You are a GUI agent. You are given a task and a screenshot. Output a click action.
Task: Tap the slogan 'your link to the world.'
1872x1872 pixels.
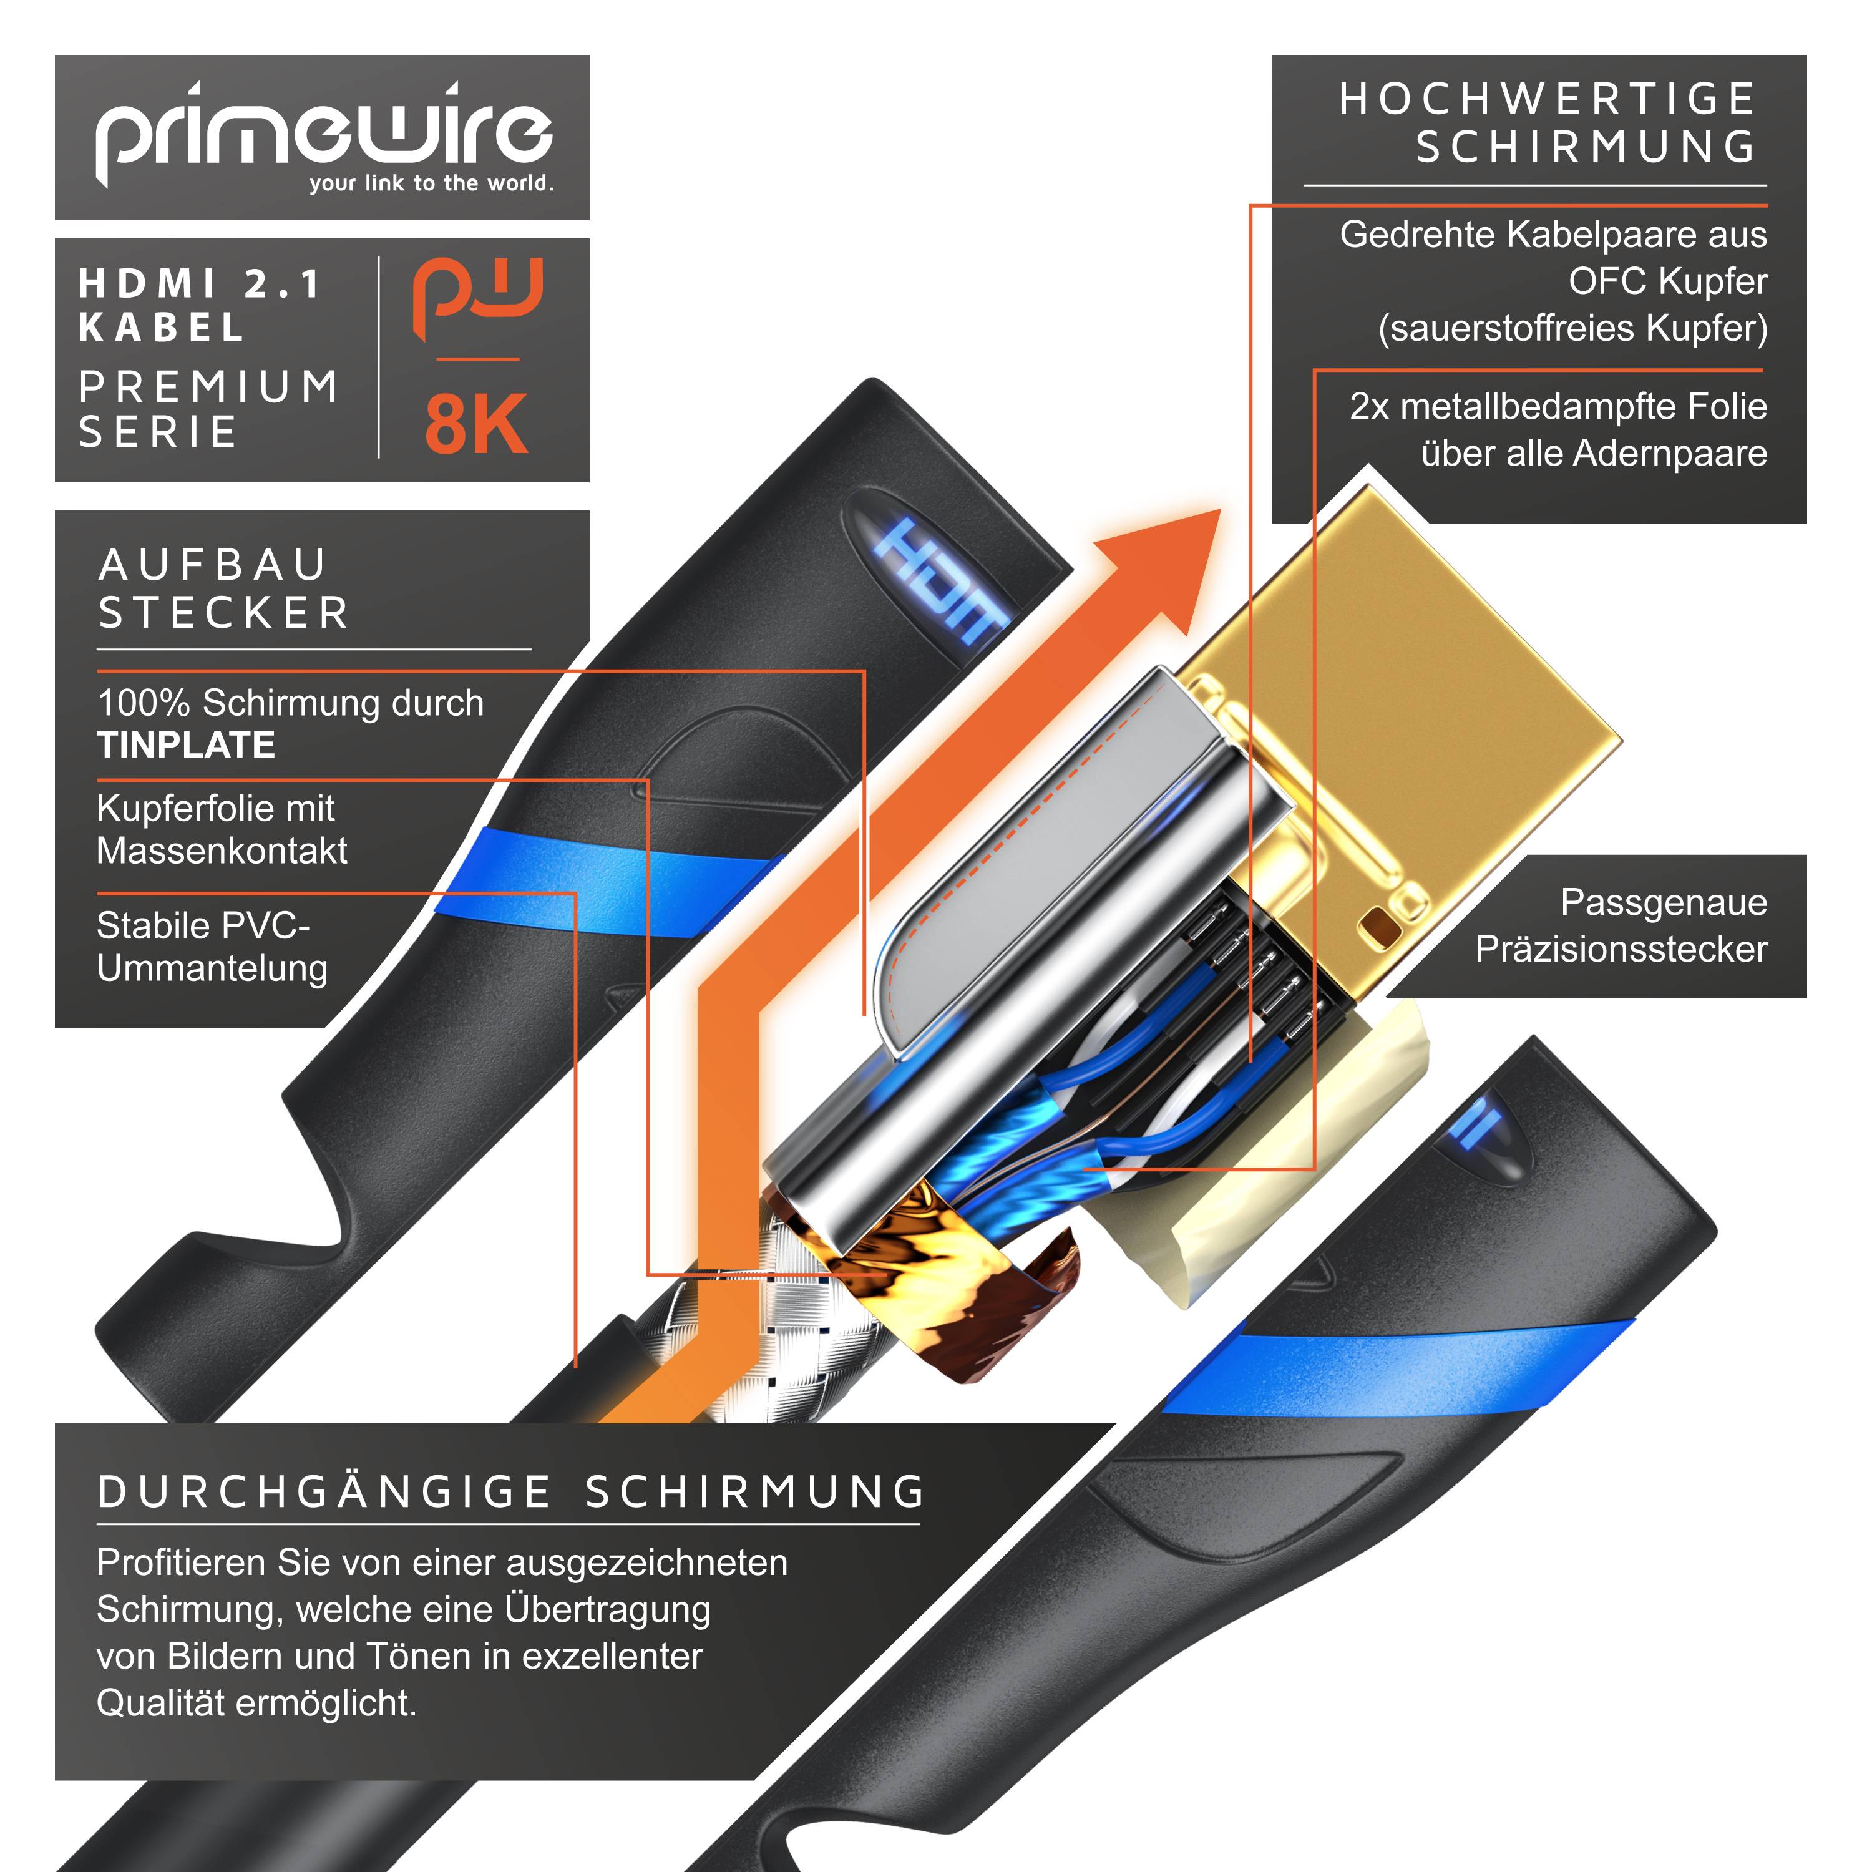[431, 183]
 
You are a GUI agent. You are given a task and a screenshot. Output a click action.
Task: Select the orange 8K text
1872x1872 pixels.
[475, 424]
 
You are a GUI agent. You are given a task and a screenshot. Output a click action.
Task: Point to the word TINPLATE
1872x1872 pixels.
[186, 745]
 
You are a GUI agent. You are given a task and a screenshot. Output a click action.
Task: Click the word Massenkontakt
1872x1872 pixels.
[222, 851]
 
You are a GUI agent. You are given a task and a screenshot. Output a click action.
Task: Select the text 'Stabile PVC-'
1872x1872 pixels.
[203, 925]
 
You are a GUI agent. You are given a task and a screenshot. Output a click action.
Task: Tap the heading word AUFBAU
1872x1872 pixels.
[213, 565]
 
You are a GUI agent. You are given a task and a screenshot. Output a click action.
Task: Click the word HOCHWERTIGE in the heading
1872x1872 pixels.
[1548, 99]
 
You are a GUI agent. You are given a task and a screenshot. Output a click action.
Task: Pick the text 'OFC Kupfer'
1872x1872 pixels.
[1667, 281]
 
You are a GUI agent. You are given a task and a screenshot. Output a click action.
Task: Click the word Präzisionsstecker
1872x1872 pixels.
[1621, 948]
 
